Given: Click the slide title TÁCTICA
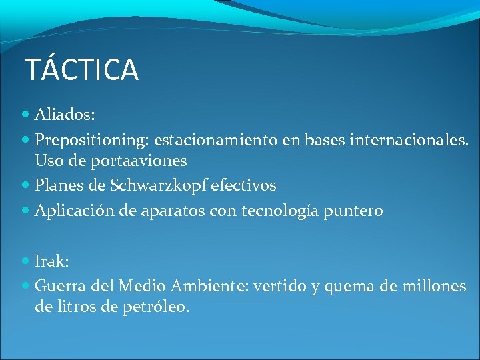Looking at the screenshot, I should [x=81, y=70].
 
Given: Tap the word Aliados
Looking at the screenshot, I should [x=65, y=115].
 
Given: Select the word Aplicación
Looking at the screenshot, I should [x=73, y=211].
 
